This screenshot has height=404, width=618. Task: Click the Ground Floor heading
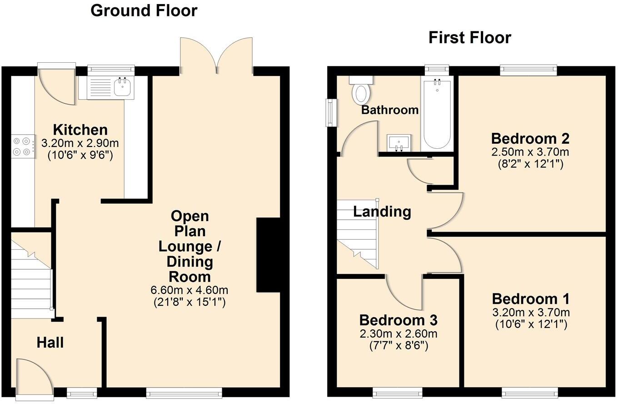pos(144,10)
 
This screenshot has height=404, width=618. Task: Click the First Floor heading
pos(469,37)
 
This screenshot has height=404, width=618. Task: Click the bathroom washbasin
pos(399,142)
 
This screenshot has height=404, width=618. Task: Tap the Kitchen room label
pos(80,129)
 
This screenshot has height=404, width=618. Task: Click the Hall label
pos(50,343)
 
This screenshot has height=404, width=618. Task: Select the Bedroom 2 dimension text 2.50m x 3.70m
pos(530,152)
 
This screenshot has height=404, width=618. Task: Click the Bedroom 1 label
pos(530,299)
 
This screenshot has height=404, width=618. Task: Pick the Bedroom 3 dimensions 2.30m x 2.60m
pos(398,334)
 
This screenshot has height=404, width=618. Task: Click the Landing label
pos(382,212)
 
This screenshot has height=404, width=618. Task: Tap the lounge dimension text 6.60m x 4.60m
pos(189,290)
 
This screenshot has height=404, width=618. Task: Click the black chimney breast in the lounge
pos(268,255)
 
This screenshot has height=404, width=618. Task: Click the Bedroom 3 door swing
pos(403,293)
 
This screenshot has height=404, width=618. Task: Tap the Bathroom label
pos(389,110)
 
